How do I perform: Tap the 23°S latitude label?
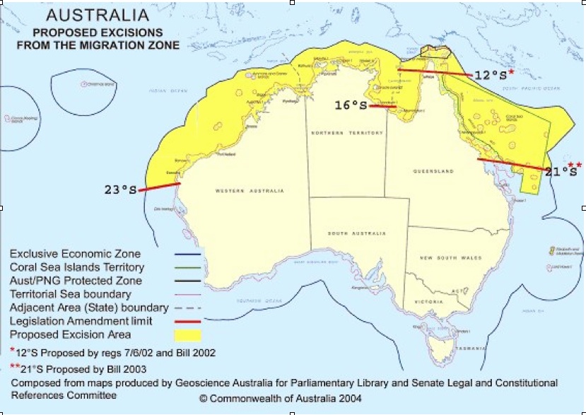point(119,189)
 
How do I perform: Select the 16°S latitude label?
point(351,105)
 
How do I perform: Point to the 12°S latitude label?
point(491,76)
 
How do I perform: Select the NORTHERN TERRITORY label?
point(346,133)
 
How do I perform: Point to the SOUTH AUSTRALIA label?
point(357,233)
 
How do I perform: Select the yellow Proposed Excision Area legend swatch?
point(187,335)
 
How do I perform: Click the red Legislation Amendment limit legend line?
point(187,321)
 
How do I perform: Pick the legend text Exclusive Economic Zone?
point(75,254)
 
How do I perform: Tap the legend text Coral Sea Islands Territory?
point(77,267)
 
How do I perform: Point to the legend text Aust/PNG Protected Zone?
point(76,281)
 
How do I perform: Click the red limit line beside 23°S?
point(159,187)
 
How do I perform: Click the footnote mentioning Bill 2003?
point(81,368)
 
